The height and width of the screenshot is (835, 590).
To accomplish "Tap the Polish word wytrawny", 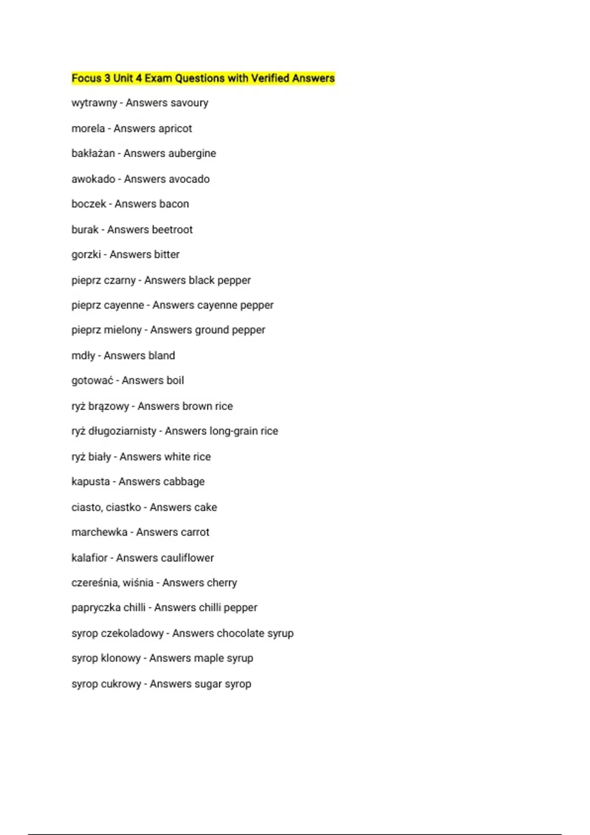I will point(94,103).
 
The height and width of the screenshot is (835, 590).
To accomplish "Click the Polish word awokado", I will point(93,179).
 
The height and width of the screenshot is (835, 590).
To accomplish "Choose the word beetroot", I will point(172,229).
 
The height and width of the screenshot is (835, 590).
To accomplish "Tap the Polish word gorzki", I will point(86,254).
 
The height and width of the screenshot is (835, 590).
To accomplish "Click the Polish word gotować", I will point(92,381).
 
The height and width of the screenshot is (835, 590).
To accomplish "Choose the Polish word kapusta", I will point(90,482).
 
